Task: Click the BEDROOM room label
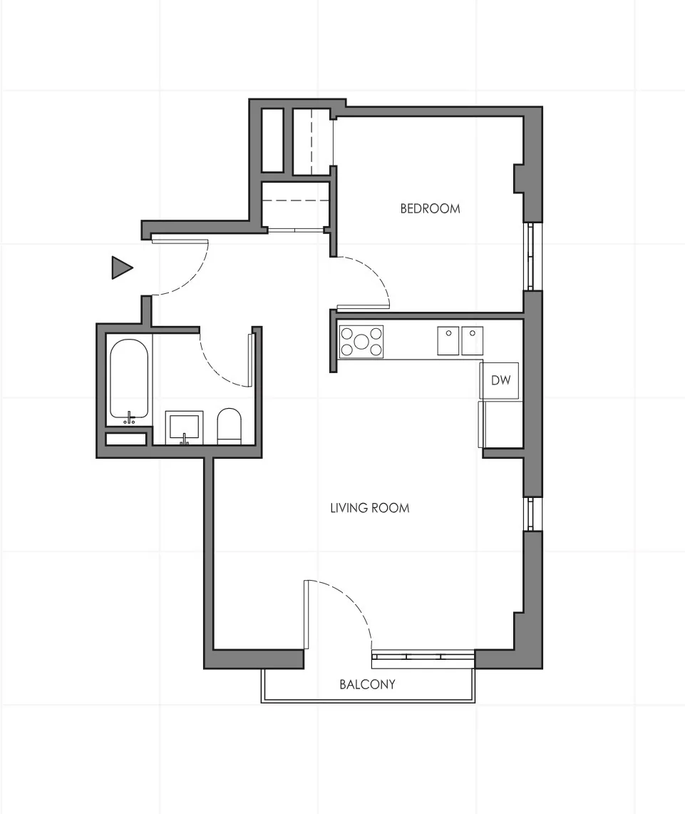[x=430, y=208]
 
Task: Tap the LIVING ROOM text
[x=369, y=508]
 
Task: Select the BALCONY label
[x=367, y=684]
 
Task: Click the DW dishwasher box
[x=501, y=380]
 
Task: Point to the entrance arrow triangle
[x=121, y=268]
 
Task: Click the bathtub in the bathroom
[x=129, y=378]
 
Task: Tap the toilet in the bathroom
[x=229, y=427]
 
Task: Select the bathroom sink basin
[x=185, y=426]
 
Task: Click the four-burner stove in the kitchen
[x=361, y=341]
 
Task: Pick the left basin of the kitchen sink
[x=448, y=340]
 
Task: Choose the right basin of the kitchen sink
[x=472, y=340]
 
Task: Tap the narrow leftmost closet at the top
[x=272, y=140]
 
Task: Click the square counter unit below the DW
[x=500, y=424]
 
